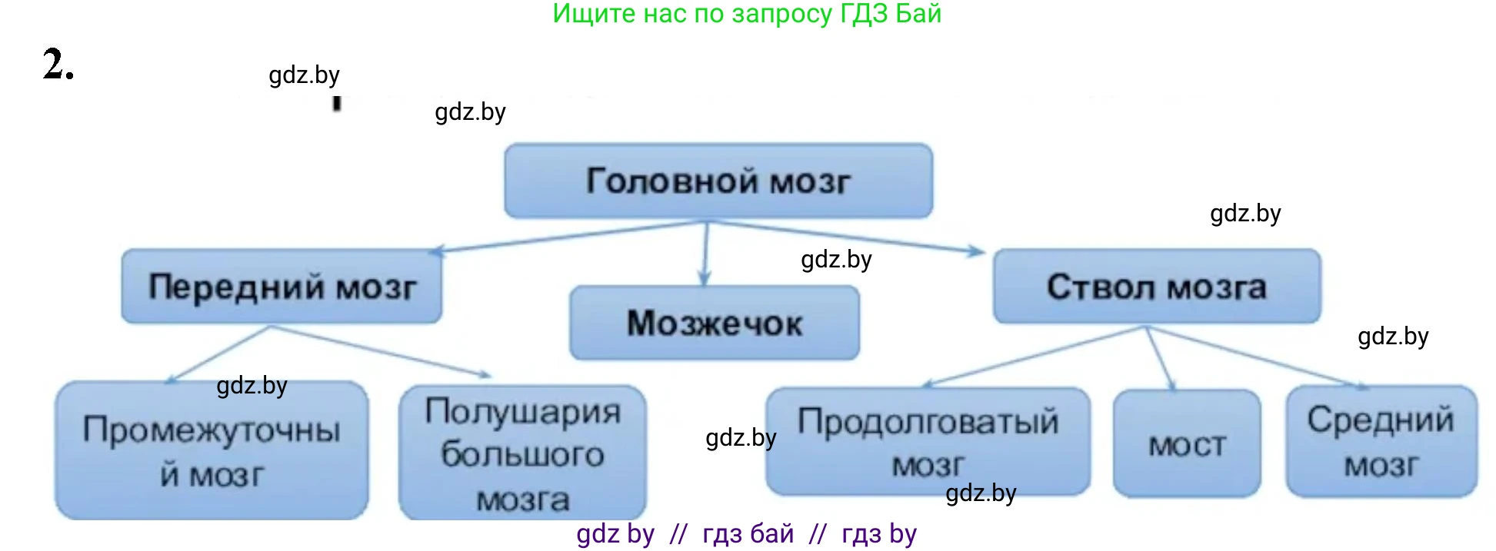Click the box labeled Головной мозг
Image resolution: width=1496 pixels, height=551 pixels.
(x=718, y=181)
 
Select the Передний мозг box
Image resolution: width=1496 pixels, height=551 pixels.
(x=282, y=286)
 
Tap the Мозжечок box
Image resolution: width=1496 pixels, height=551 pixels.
(x=714, y=323)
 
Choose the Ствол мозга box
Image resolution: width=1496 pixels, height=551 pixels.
(x=1156, y=286)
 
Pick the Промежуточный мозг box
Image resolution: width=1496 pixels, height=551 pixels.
(x=212, y=450)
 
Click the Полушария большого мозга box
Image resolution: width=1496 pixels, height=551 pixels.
(x=522, y=453)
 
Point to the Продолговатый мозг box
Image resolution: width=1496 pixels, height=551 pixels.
(x=928, y=442)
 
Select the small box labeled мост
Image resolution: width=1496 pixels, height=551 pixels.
(x=1186, y=444)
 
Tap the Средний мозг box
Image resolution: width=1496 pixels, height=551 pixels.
(x=1381, y=442)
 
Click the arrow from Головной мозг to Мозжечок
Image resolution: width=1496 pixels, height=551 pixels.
(x=705, y=254)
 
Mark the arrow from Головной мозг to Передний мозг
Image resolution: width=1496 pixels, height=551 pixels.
(x=569, y=236)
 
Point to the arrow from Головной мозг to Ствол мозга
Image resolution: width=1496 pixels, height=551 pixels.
(x=846, y=237)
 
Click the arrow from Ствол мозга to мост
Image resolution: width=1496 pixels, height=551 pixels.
(x=1159, y=358)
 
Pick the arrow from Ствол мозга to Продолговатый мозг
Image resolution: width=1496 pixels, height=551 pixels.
(x=1035, y=355)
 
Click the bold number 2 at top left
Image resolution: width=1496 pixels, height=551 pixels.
(x=58, y=65)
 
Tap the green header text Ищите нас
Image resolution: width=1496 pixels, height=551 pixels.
(x=746, y=14)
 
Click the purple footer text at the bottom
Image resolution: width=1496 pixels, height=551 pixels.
(x=746, y=533)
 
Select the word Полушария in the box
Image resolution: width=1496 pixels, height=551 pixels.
(x=522, y=411)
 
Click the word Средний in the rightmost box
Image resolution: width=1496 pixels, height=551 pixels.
(x=1381, y=420)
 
